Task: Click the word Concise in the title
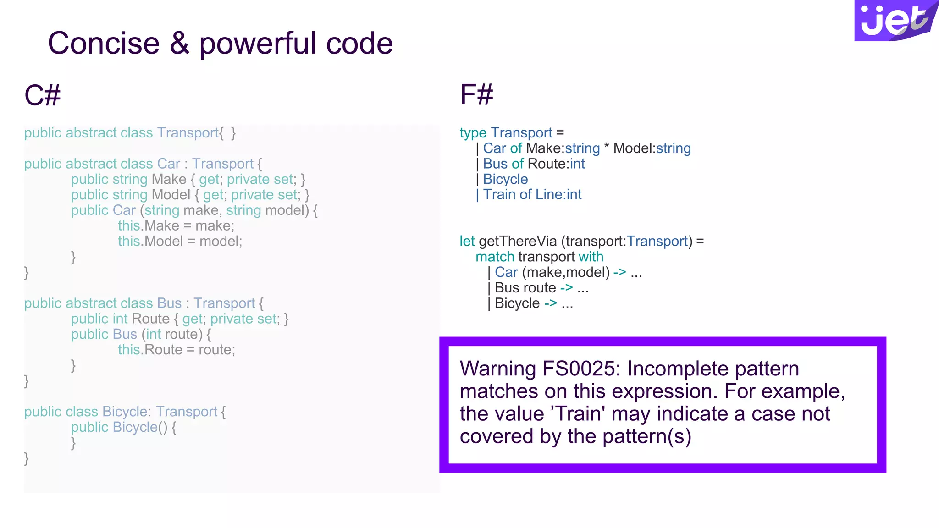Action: [x=104, y=44]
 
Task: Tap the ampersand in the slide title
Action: [x=179, y=44]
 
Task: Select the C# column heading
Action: [x=42, y=95]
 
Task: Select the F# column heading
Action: [x=476, y=95]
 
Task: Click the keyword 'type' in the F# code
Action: [x=473, y=133]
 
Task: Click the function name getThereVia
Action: [x=517, y=241]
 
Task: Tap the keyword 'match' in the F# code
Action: [x=495, y=257]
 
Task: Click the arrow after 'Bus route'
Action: [x=566, y=287]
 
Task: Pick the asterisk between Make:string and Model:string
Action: [x=607, y=148]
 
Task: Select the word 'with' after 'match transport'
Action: [x=591, y=257]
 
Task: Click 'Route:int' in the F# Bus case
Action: [x=556, y=164]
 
